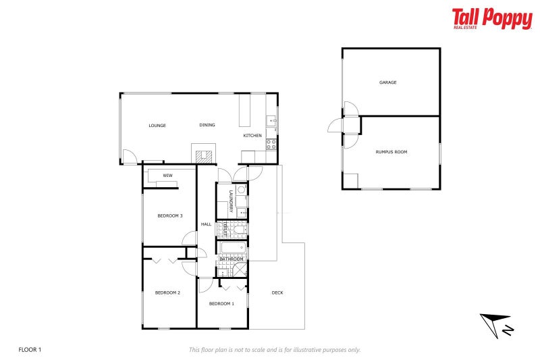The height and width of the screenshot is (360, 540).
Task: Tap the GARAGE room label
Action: (387, 82)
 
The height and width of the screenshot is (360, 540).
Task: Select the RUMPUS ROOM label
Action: (391, 152)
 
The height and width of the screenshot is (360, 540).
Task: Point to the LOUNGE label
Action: (157, 125)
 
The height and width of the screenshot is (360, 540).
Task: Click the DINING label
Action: (207, 125)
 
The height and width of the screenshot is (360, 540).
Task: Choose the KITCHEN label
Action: (252, 136)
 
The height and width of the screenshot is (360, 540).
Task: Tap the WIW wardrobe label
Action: (167, 175)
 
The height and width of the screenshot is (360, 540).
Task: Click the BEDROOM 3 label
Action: (170, 215)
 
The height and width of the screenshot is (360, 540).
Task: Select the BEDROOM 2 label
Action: (167, 292)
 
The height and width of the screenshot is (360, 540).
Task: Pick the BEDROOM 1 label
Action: (221, 303)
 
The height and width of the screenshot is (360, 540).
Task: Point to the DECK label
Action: (277, 292)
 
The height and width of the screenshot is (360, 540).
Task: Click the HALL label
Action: (206, 224)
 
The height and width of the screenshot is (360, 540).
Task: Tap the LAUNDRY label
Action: (231, 202)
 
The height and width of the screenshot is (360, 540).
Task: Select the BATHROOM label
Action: (231, 259)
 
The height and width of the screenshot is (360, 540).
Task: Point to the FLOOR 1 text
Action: (30, 349)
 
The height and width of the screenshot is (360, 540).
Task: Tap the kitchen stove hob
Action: (271, 143)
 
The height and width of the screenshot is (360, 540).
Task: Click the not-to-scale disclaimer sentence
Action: (275, 349)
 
